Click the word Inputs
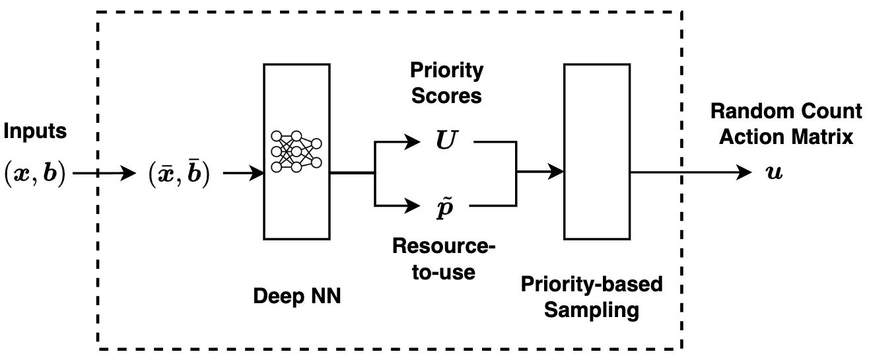pyautogui.click(x=36, y=131)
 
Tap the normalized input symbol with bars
pyautogui.click(x=180, y=174)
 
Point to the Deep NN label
pyautogui.click(x=297, y=296)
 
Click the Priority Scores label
pyautogui.click(x=446, y=83)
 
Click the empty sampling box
pyautogui.click(x=598, y=151)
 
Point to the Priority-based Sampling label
pyautogui.click(x=591, y=297)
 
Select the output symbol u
pyautogui.click(x=773, y=174)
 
